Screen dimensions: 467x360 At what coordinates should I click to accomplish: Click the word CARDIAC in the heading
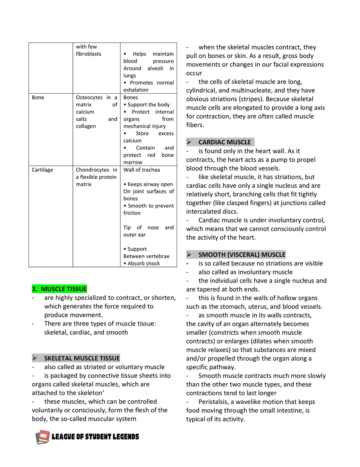pos(211,142)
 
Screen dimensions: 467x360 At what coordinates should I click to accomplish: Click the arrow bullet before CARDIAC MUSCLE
pos(189,142)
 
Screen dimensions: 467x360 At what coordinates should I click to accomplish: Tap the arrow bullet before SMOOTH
pos(189,254)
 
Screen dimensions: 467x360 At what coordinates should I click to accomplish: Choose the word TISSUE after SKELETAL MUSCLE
pos(110,358)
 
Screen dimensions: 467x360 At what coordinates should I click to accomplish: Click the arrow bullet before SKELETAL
pos(35,358)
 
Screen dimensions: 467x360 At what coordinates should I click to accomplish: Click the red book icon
pos(43,436)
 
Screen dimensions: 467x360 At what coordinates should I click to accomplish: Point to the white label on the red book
pos(42,436)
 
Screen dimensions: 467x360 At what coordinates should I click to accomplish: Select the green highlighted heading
pos(59,288)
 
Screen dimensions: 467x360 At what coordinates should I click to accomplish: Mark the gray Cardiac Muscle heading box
pos(221,141)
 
